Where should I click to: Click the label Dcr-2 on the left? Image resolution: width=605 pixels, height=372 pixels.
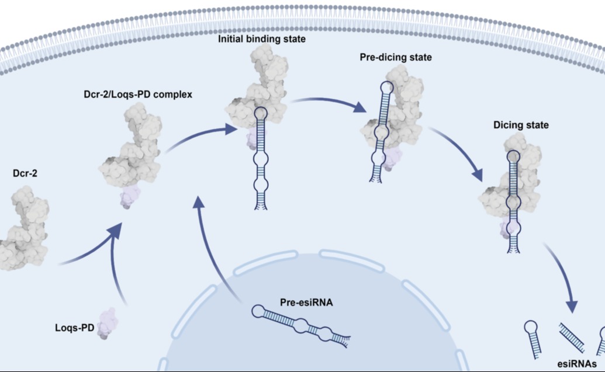[x=25, y=173]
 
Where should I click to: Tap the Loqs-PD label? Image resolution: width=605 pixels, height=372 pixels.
[x=74, y=328]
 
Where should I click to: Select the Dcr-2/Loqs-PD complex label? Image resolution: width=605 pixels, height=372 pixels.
[x=138, y=95]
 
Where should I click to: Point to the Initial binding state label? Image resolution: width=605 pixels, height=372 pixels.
[x=262, y=39]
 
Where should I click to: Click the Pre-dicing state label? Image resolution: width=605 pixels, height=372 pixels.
[x=396, y=57]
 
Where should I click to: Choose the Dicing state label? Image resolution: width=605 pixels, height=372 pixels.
[x=521, y=125]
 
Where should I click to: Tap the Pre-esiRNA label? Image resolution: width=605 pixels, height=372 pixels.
[x=306, y=303]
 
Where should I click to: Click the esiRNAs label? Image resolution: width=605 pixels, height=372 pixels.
[x=577, y=364]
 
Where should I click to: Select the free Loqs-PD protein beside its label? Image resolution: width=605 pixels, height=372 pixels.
[x=108, y=324]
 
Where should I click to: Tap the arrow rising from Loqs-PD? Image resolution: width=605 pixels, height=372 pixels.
[x=116, y=266]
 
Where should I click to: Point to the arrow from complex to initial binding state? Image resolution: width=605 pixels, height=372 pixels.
[x=200, y=135]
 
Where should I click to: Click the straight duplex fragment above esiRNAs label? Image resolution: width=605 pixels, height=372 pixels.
[x=572, y=338]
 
